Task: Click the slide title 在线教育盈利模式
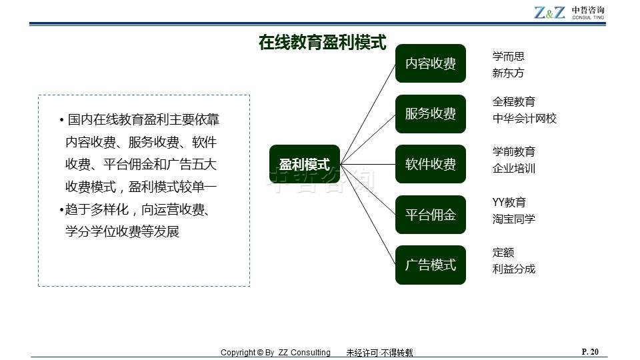(323, 43)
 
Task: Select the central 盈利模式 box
(305, 164)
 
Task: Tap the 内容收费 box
(431, 63)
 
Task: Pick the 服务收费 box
(431, 114)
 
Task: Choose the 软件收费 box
(431, 164)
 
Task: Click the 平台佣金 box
(431, 215)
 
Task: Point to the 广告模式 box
(431, 265)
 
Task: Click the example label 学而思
(508, 56)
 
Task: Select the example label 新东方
(508, 73)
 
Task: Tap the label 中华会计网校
(525, 119)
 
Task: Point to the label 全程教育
(514, 101)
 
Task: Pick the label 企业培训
(514, 168)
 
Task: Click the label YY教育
(509, 202)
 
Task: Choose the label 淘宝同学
(514, 219)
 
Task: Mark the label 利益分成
(514, 269)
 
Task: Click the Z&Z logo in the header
(549, 13)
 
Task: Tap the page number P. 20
(590, 352)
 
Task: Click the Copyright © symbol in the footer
(260, 353)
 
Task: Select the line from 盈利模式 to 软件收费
(368, 165)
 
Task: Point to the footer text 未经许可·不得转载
(379, 353)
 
